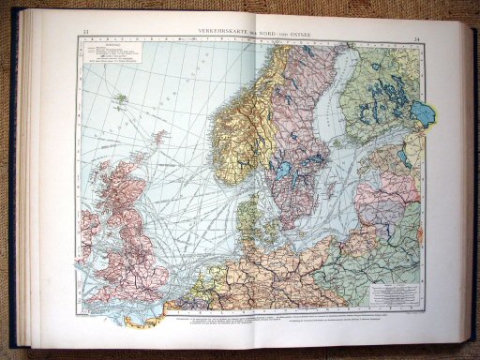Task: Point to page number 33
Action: click(x=85, y=33)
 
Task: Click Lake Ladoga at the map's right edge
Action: click(x=425, y=113)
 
